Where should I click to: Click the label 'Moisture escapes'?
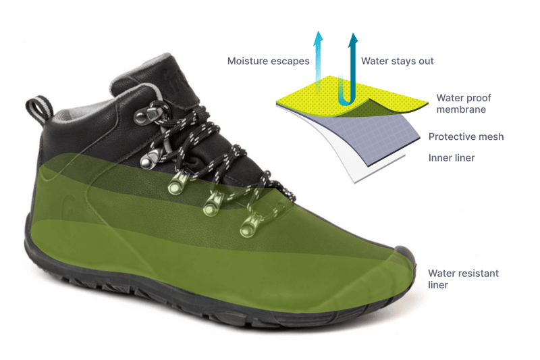(x=268, y=61)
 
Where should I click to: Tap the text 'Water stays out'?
(x=397, y=61)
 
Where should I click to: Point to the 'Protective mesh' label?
(x=466, y=136)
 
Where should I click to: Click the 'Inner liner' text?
(x=452, y=158)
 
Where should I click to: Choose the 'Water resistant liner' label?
(x=463, y=279)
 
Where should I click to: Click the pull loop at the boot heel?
(x=36, y=109)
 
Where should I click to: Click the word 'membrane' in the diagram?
(x=461, y=109)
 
